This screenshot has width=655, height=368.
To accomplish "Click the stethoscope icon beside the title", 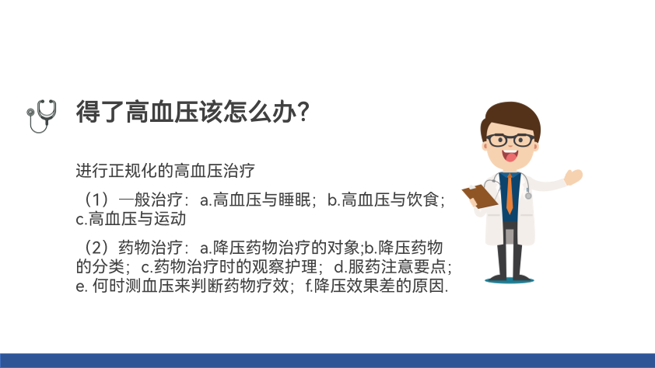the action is click(41, 116).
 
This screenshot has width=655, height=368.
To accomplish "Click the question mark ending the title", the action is click(303, 112).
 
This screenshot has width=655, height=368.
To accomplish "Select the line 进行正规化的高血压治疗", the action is click(165, 171).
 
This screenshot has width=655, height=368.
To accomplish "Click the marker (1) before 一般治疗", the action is click(97, 200).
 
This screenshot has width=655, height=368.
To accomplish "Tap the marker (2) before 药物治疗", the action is click(97, 248).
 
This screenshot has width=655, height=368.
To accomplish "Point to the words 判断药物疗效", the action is click(240, 286).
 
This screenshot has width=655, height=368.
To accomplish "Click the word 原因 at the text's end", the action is click(428, 286).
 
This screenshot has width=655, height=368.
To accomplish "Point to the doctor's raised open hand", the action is click(573, 177).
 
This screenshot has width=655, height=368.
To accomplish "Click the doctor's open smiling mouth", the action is click(510, 156).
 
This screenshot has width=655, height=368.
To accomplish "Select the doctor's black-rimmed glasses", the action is click(510, 140).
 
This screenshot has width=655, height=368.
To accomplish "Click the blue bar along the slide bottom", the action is click(327, 361).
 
